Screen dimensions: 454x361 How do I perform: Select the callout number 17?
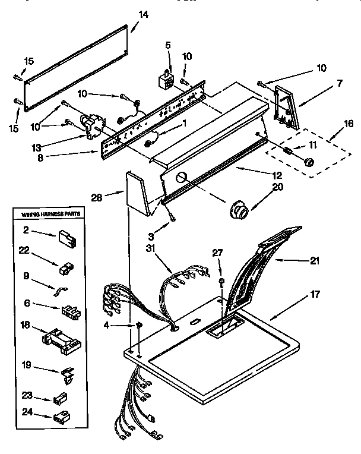[314, 293]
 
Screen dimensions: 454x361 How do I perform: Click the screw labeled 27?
[221, 280]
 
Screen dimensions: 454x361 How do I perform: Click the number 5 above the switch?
[167, 46]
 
